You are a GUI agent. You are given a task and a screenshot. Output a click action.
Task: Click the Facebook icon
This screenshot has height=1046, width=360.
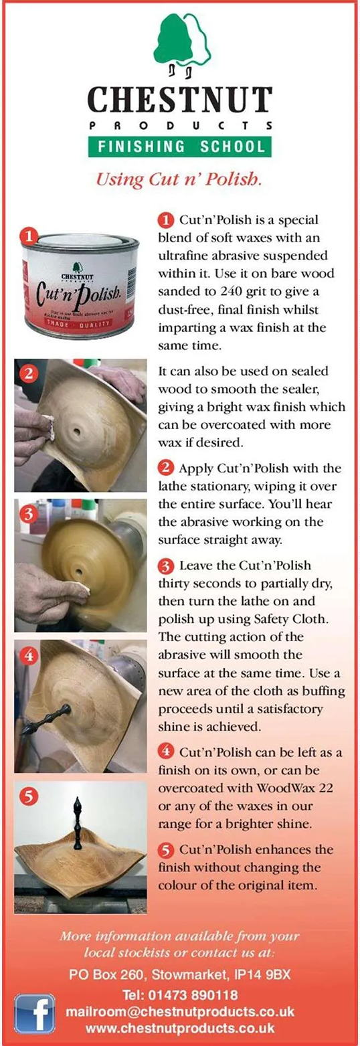point(35,1011)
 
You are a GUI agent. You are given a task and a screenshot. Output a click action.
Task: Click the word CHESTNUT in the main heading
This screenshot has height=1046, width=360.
point(180,99)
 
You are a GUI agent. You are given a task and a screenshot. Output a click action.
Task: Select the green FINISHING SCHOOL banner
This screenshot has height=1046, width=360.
point(180,147)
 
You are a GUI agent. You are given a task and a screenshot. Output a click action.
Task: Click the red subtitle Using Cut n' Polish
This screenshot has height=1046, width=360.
point(179,179)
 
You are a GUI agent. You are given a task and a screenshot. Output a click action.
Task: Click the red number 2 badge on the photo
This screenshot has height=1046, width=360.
point(29,373)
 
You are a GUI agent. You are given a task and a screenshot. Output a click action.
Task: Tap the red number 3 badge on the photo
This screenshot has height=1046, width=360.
point(29,514)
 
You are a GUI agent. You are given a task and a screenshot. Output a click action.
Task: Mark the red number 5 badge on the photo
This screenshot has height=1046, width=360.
point(29,795)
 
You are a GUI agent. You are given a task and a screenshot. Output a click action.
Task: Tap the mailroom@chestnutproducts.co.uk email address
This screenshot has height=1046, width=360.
point(180,1011)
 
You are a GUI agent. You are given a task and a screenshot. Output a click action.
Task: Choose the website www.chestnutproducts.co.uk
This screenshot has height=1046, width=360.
point(180,1028)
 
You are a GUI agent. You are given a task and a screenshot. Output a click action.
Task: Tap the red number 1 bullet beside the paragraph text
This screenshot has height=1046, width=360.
point(166,220)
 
